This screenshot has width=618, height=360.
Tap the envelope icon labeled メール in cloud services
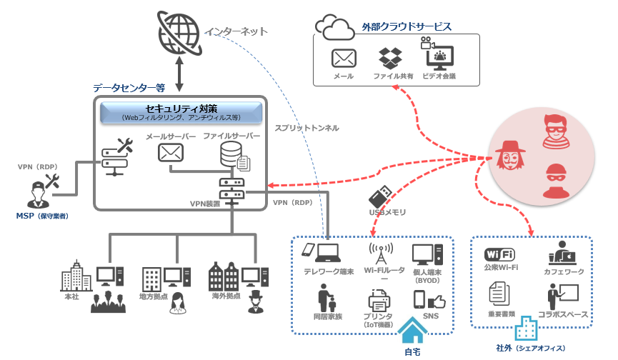344,58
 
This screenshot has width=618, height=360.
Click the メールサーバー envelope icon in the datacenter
170,151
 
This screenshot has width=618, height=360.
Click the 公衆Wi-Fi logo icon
501,255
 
